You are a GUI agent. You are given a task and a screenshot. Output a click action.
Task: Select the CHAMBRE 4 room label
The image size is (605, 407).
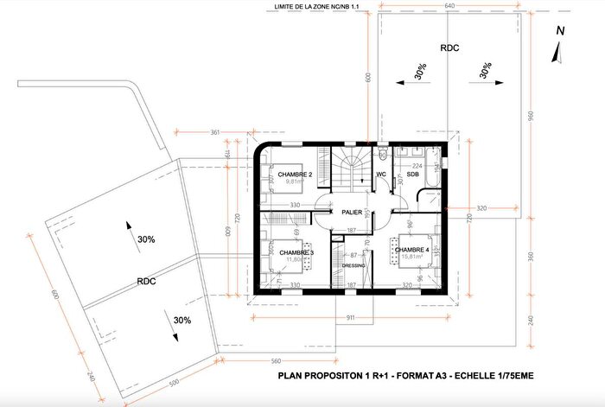click(414, 250)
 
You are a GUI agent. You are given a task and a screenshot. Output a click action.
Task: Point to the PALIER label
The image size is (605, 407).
click(352, 210)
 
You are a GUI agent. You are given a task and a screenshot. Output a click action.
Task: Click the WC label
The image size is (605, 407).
click(380, 174)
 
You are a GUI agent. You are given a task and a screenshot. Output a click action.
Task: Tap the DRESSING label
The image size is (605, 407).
click(353, 266)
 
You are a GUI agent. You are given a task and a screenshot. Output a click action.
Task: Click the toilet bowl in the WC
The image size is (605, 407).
click(380, 155)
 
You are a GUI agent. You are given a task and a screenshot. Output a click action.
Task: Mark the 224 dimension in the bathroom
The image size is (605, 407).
click(417, 165)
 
